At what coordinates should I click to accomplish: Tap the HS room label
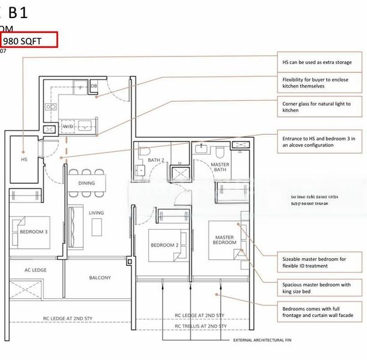coord(24,160)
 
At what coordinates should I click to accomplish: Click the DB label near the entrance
coord(94,87)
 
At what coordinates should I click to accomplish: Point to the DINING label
coord(86,183)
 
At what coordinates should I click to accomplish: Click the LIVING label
coord(96,212)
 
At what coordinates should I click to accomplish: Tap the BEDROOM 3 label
coord(34,231)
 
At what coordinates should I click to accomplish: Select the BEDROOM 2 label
coord(164,245)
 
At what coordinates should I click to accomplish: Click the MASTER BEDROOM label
coord(224,240)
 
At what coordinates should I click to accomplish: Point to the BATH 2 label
coord(155,160)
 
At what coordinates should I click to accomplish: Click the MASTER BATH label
coord(220,167)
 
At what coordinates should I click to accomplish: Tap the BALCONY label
coord(100,278)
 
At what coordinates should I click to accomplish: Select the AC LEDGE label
coord(35,270)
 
